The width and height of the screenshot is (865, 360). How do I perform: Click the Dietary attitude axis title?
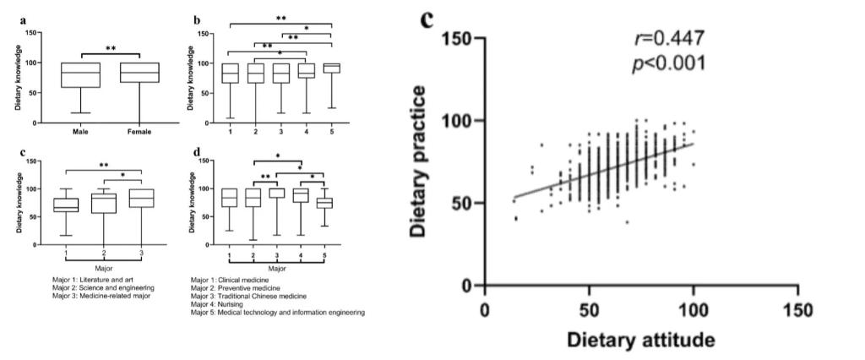pos(642,340)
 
